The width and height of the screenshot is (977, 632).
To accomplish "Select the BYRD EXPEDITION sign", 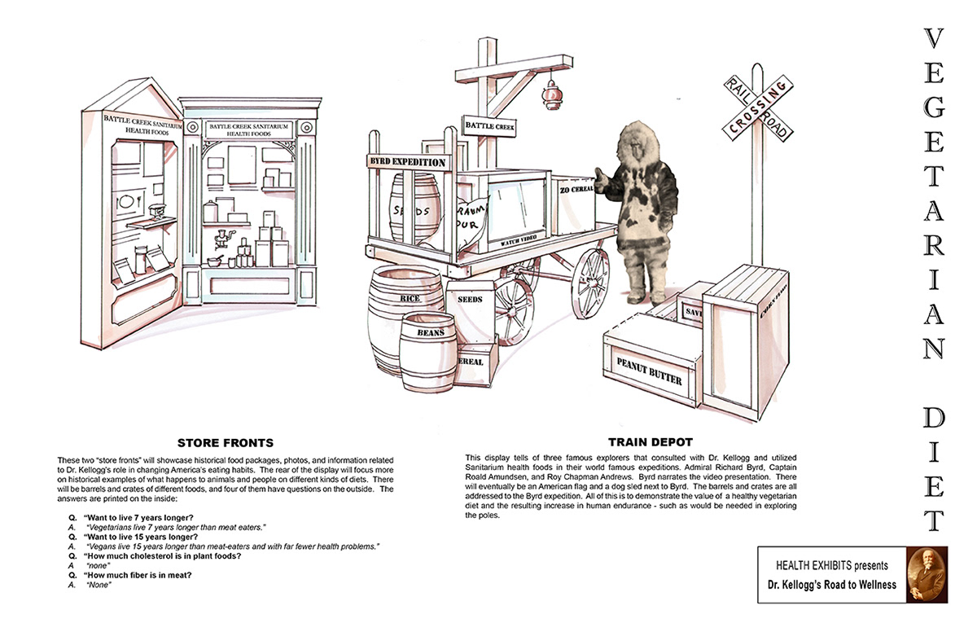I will (x=408, y=162).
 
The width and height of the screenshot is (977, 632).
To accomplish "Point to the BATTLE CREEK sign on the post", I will (x=489, y=126).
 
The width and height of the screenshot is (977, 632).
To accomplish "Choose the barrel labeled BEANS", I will (x=428, y=351).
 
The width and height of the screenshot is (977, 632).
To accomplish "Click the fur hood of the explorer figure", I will (x=643, y=147).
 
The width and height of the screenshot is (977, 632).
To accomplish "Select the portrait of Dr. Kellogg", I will (x=927, y=574).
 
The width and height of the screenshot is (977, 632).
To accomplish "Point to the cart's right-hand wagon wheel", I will (x=589, y=283).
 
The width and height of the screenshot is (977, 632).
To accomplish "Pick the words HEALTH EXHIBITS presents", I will (x=831, y=565).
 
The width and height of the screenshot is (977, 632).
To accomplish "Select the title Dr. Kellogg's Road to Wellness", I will (x=831, y=585).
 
